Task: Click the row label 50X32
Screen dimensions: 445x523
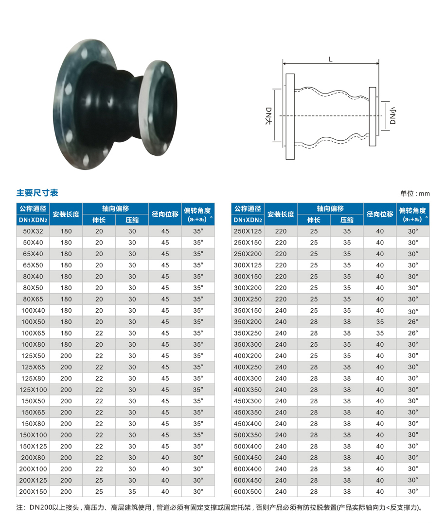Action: [x=33, y=231]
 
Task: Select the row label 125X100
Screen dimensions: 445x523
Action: [x=33, y=390]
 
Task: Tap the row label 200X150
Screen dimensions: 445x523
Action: [x=33, y=491]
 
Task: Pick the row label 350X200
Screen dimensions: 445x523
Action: [x=248, y=321]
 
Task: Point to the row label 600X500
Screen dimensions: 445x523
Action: [x=248, y=491]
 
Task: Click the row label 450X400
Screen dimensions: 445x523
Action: [x=248, y=424]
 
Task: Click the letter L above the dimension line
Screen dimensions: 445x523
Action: [x=330, y=59]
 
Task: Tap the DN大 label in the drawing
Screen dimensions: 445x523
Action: [x=268, y=116]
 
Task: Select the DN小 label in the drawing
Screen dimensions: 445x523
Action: [x=393, y=116]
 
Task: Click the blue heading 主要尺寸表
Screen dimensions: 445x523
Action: [x=37, y=193]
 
